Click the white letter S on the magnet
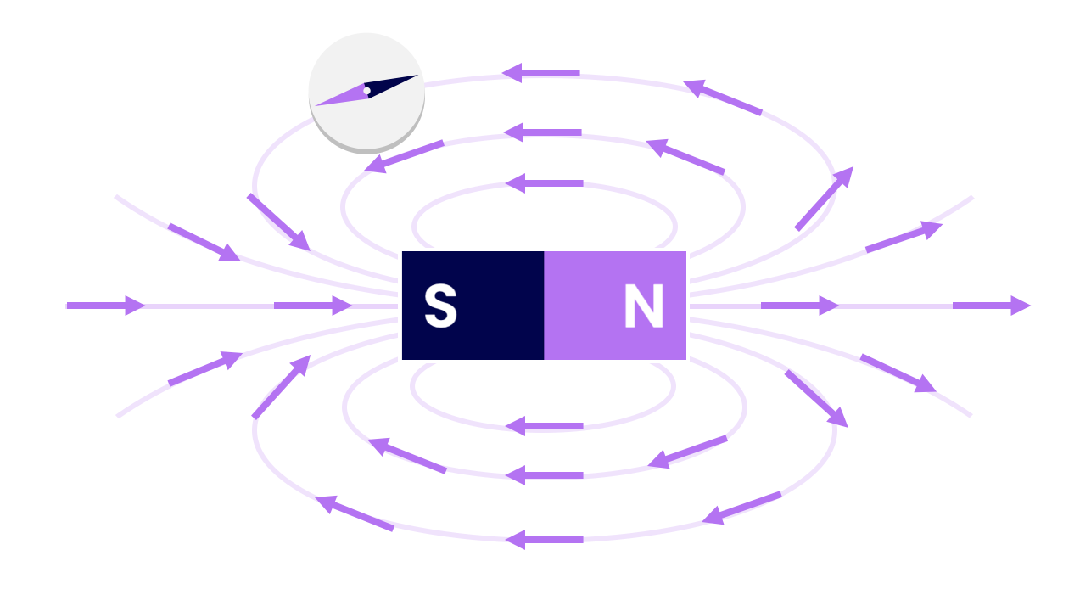click(x=440, y=306)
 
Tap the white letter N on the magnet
click(x=644, y=306)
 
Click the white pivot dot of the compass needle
click(x=366, y=91)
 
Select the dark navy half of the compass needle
click(x=390, y=85)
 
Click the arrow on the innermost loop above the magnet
click(x=544, y=183)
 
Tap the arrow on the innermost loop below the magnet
click(x=544, y=426)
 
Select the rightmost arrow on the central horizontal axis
click(x=992, y=306)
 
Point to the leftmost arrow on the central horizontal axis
click(x=106, y=306)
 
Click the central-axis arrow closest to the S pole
click(x=313, y=306)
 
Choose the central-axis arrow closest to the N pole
click(x=800, y=306)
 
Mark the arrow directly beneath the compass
click(x=404, y=156)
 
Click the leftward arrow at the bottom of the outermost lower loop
click(x=544, y=539)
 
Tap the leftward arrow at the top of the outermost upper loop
click(x=540, y=73)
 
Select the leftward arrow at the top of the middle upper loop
click(x=543, y=132)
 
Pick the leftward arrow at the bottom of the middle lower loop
click(x=544, y=475)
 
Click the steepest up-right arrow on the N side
click(x=824, y=199)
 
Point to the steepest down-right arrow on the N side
click(x=816, y=399)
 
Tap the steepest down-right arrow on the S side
click(x=278, y=222)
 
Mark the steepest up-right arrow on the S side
click(x=281, y=387)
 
